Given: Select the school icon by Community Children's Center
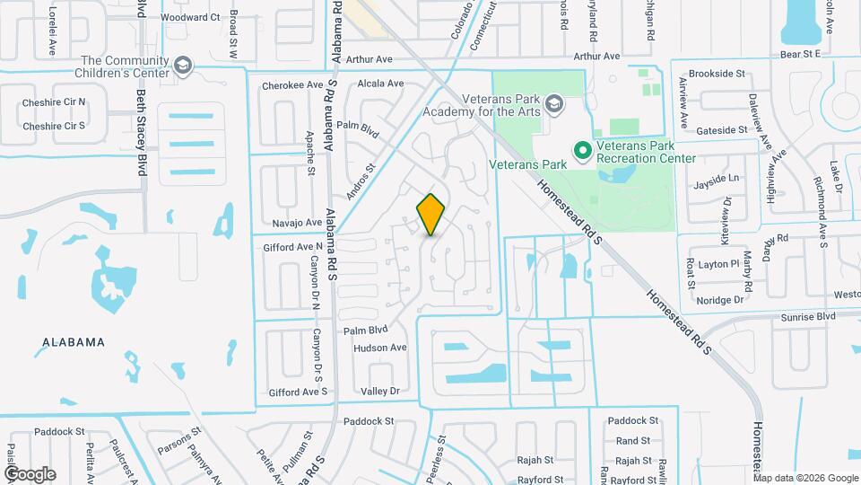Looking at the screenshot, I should click(x=183, y=65).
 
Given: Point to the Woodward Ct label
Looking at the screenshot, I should click(x=191, y=17).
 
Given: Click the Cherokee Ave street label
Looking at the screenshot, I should click(x=291, y=85).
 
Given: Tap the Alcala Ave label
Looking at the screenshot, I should click(x=380, y=84).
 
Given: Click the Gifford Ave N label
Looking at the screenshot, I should click(x=292, y=246).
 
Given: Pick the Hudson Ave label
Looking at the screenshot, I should click(x=380, y=348).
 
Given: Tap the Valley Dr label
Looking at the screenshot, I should click(x=379, y=391).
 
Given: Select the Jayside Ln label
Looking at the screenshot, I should click(x=717, y=179).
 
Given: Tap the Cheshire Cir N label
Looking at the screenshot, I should click(x=54, y=101).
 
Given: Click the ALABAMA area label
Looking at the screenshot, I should click(x=73, y=342).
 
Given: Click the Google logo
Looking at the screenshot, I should click(x=30, y=473).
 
